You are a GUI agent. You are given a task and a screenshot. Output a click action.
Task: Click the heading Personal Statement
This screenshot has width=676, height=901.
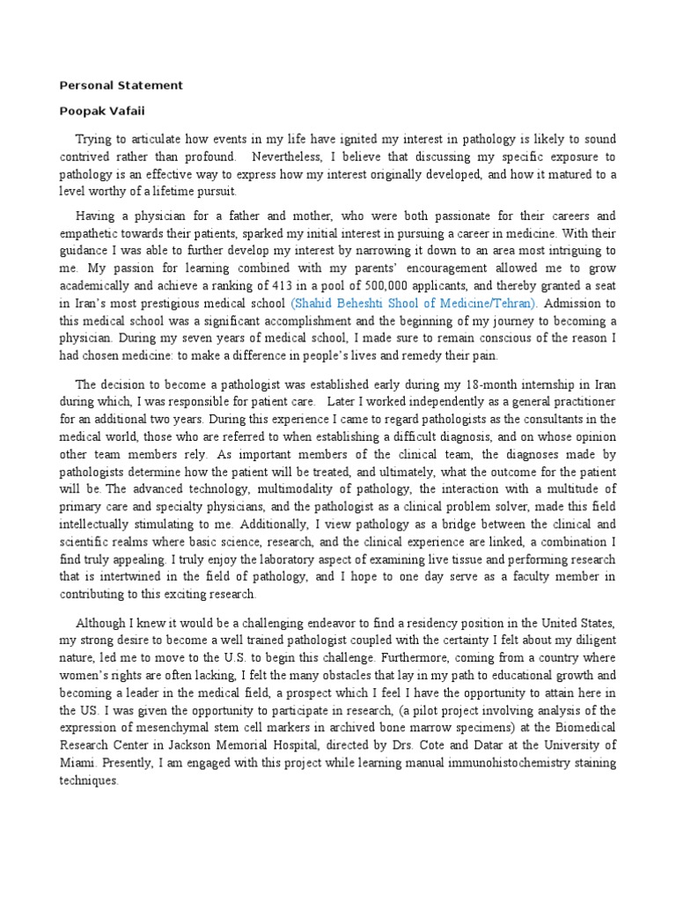[121, 85]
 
